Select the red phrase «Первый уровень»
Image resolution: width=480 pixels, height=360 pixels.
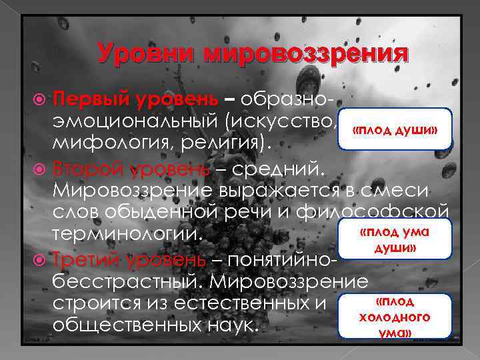[135, 100]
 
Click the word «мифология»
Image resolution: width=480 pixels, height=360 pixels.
[109, 143]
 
